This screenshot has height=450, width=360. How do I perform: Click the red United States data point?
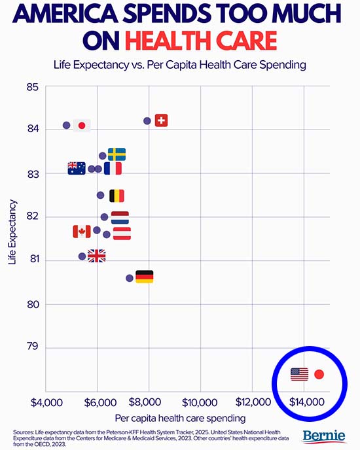tap(319, 375)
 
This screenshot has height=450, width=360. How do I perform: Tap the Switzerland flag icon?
tap(161, 120)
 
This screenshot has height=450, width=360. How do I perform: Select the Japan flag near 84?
tap(82, 125)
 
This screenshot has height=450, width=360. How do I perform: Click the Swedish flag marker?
tap(117, 154)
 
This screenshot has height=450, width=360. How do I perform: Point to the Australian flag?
tap(77, 168)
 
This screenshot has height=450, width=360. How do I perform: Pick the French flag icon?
tap(113, 168)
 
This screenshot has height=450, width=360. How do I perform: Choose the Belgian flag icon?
tap(117, 196)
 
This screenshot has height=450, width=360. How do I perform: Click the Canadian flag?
tap(82, 231)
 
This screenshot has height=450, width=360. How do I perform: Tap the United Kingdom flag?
tap(96, 256)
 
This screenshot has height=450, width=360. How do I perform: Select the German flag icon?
tap(144, 277)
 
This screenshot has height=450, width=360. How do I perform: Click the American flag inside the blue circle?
tap(299, 374)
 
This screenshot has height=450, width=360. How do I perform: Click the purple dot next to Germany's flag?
tap(130, 278)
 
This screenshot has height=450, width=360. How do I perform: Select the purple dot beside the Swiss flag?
tap(147, 121)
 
